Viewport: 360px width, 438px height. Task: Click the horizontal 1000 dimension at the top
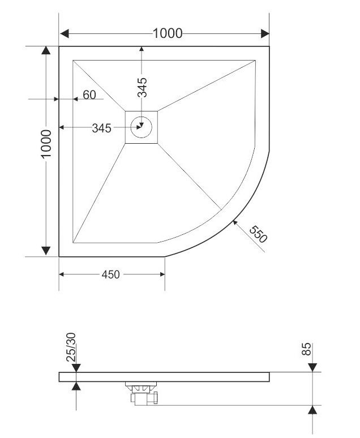[168, 33]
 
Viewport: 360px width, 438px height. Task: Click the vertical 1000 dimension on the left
[46, 144]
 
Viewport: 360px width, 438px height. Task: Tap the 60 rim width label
[89, 95]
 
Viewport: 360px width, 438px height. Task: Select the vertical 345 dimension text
[142, 87]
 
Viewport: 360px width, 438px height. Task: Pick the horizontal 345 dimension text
[101, 128]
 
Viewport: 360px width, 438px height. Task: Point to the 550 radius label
[258, 234]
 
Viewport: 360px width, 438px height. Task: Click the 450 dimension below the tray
[111, 274]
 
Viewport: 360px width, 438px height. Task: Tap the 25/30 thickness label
[71, 347]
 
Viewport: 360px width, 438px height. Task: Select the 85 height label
[306, 349]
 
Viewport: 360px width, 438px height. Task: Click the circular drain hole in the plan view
[141, 127]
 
